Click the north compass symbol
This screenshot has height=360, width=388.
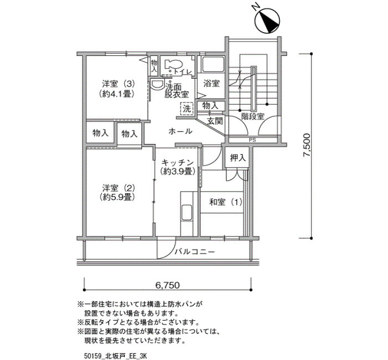coord(268,20)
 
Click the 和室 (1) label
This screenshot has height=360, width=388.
coord(226,202)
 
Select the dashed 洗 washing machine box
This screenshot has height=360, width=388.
coord(187,109)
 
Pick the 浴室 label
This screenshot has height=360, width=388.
coord(211,83)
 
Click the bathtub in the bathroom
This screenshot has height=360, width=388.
coord(213,65)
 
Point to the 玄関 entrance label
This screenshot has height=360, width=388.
coord(215,121)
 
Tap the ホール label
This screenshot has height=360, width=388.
coord(180,131)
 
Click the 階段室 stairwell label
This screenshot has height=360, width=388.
coord(253,116)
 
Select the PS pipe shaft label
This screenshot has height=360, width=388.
coord(252,140)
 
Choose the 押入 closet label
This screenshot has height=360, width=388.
coord(238,158)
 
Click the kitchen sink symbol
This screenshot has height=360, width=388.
coord(187,213)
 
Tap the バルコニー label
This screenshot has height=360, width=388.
coord(195,252)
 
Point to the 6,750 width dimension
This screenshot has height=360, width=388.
coord(167,285)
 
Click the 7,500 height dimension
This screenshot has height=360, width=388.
coord(307,145)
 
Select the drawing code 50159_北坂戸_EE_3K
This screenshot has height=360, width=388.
coord(115,356)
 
